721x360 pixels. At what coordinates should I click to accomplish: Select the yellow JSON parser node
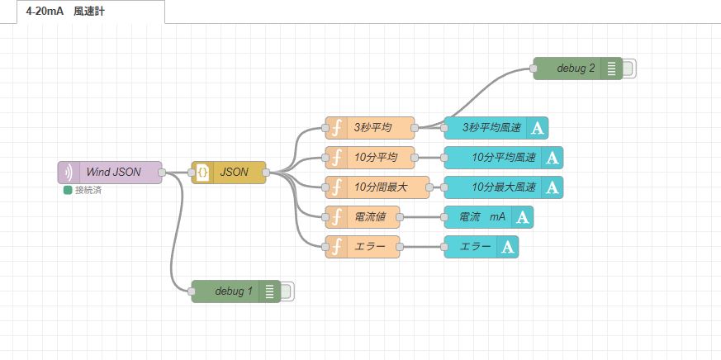coord(234,172)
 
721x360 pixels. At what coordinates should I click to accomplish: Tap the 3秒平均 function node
coord(372,127)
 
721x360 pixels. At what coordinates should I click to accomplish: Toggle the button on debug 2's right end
coord(629,69)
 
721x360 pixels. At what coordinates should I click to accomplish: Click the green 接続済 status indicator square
coord(68,190)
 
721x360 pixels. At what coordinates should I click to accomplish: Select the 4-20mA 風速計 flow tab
coord(83,12)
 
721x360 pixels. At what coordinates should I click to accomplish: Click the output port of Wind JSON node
coord(162,172)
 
